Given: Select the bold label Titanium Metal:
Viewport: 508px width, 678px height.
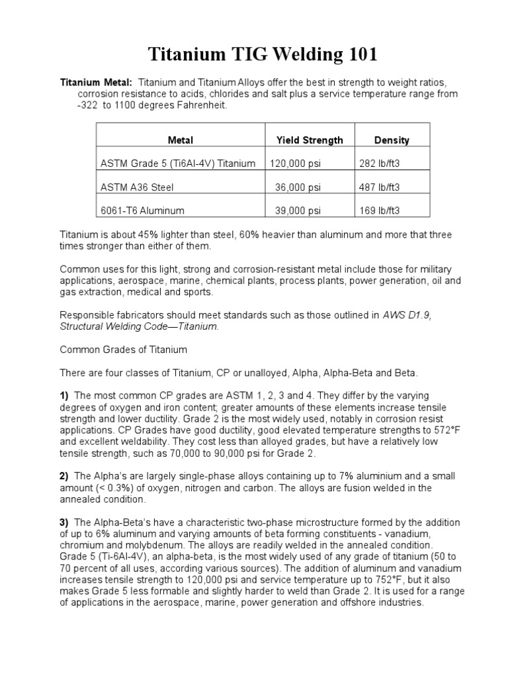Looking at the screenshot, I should point(97,82).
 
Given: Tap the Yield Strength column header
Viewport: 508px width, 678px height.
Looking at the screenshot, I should point(309,140).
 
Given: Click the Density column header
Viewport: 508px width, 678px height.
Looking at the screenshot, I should point(391,140).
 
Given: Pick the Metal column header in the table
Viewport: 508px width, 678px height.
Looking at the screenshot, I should point(181,140).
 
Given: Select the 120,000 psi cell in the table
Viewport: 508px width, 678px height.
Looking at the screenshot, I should point(296,164).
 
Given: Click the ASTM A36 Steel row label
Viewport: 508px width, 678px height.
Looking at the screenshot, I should point(137,187).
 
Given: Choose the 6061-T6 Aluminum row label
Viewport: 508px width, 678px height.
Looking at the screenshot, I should point(142,211).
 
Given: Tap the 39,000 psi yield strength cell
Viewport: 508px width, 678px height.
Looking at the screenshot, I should point(298,211).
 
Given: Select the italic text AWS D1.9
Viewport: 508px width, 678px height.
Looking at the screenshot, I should point(407,315).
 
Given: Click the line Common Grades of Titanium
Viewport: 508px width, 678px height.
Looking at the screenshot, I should point(124,349).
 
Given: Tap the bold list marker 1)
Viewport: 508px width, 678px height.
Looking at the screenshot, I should point(65,395).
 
